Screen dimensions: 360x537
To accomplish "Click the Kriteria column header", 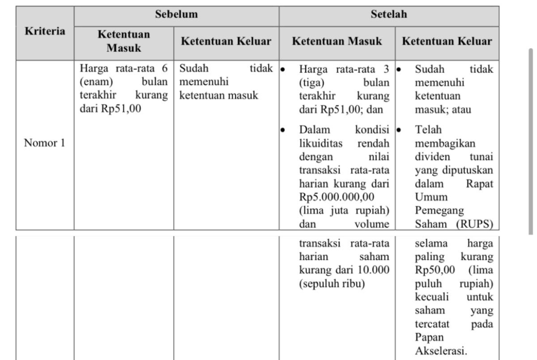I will pyautogui.click(x=45, y=31).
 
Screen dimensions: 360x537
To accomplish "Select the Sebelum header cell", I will pyautogui.click(x=176, y=14).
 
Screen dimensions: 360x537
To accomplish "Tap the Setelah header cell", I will pyautogui.click(x=389, y=14).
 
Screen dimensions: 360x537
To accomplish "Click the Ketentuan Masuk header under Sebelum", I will pyautogui.click(x=124, y=41).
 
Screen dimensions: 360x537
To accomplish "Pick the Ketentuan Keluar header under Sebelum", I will pyautogui.click(x=226, y=41).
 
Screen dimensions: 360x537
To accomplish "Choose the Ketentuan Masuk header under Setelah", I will pyautogui.click(x=337, y=41).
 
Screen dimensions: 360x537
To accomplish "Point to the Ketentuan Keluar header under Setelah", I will pyautogui.click(x=447, y=41).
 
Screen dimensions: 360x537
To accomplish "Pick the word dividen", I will pyautogui.click(x=432, y=157).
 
